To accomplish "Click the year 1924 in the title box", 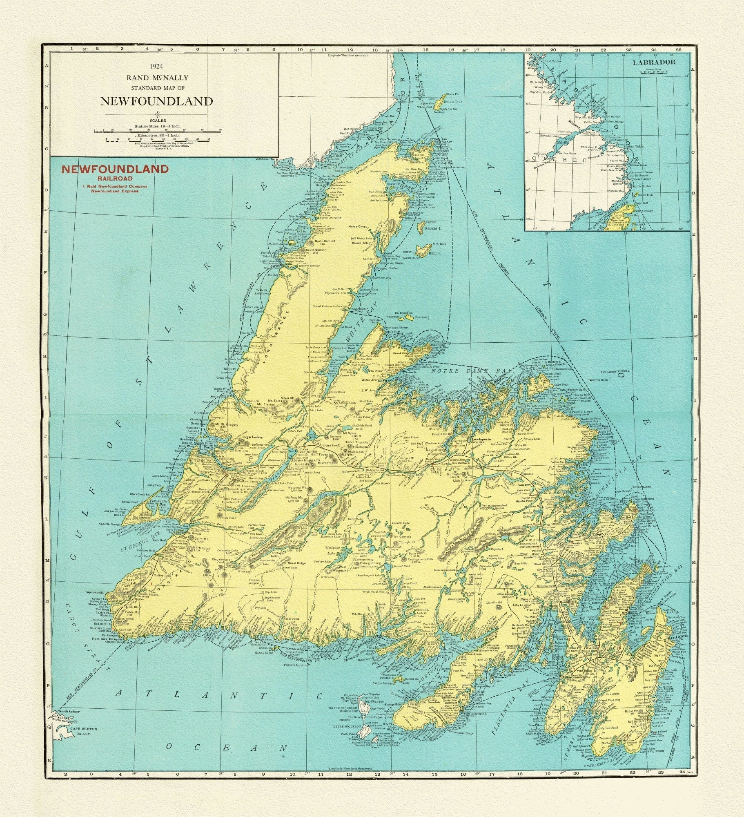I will pos(157,66).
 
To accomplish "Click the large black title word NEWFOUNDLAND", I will pos(157,101).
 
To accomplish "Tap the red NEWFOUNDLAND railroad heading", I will pos(115,170).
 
